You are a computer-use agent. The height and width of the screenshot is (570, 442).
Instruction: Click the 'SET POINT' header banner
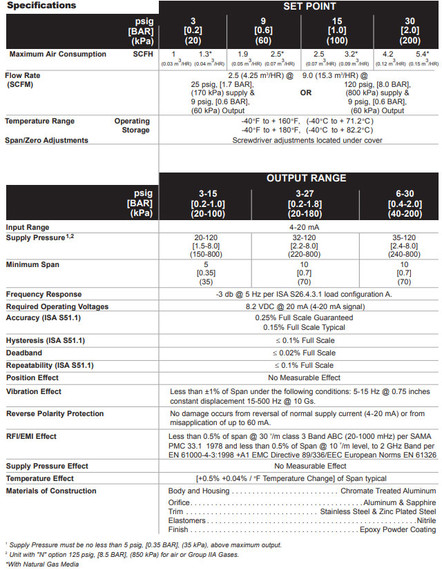299,7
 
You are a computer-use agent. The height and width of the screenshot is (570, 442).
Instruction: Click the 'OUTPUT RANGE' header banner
299,178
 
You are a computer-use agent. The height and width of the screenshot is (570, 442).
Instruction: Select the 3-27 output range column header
304,204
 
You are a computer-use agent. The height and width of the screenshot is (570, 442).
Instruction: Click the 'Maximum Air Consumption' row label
58,55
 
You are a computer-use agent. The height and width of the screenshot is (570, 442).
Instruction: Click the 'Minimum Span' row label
32,264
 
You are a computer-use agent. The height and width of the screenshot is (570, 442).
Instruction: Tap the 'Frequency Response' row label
44,295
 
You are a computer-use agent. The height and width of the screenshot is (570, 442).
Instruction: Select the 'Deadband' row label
25,353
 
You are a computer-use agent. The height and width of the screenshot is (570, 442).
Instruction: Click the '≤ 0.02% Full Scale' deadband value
304,353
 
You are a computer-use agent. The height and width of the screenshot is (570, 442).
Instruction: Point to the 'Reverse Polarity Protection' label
56,413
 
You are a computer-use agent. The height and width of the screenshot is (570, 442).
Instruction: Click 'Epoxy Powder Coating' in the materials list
398,529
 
